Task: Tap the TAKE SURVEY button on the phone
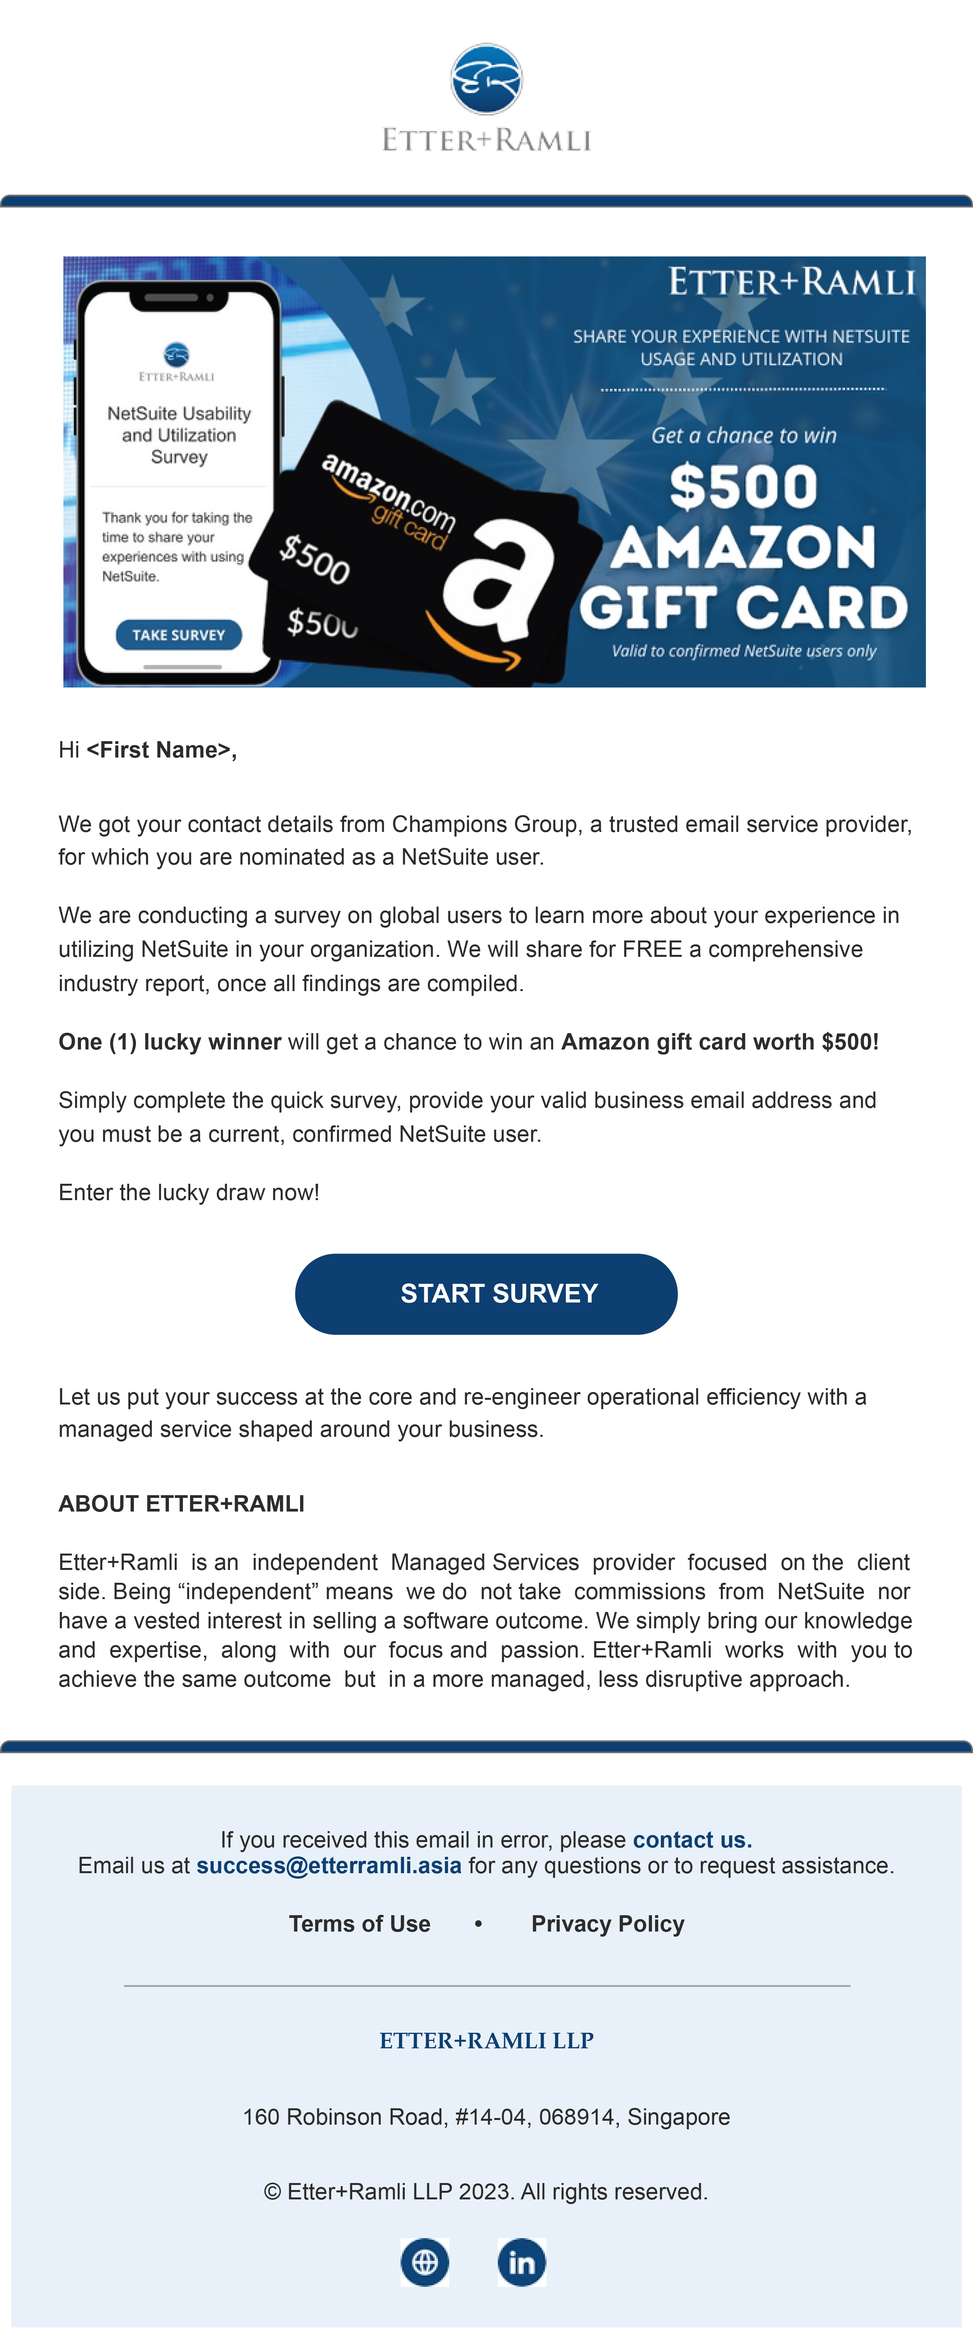click(x=178, y=635)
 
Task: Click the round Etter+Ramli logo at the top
click(x=486, y=79)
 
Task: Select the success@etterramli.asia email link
click(x=328, y=1865)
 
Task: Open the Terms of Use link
click(x=359, y=1923)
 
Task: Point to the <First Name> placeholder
click(x=161, y=749)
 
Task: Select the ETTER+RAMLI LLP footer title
click(x=486, y=2040)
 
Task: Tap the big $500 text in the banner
click(x=743, y=487)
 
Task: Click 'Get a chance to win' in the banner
click(x=743, y=435)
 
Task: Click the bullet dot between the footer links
click(x=478, y=1923)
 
